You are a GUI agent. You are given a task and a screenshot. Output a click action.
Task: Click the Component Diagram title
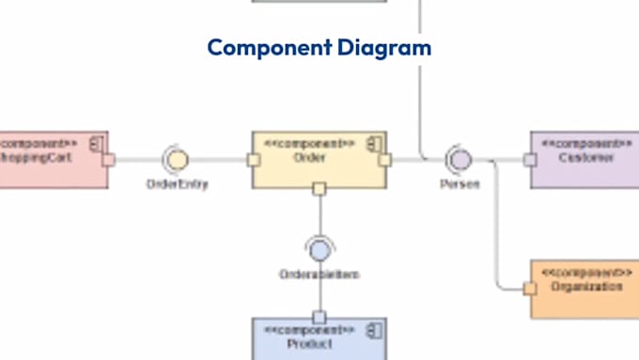319,47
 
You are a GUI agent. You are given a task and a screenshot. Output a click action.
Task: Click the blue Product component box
319,338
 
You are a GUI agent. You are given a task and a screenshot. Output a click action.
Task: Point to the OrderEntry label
177,184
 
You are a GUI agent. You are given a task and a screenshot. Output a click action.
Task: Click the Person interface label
460,184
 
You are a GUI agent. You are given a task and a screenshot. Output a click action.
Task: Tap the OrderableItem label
319,274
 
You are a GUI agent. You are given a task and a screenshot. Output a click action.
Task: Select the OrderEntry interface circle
176,159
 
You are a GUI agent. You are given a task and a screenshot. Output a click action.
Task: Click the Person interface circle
460,158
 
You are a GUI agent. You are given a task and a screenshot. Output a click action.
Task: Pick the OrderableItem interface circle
319,250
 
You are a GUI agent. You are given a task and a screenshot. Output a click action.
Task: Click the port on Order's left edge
253,160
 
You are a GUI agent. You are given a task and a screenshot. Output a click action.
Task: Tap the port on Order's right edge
384,160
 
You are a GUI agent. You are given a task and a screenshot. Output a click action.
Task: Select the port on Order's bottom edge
319,190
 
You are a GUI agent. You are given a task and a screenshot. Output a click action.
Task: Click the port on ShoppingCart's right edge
109,160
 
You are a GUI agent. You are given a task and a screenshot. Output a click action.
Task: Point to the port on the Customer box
530,160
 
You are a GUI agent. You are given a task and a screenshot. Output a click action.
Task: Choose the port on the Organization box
530,287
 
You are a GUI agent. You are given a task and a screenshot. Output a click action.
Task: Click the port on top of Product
319,318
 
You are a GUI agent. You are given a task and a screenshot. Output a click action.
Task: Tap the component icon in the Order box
373,143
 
